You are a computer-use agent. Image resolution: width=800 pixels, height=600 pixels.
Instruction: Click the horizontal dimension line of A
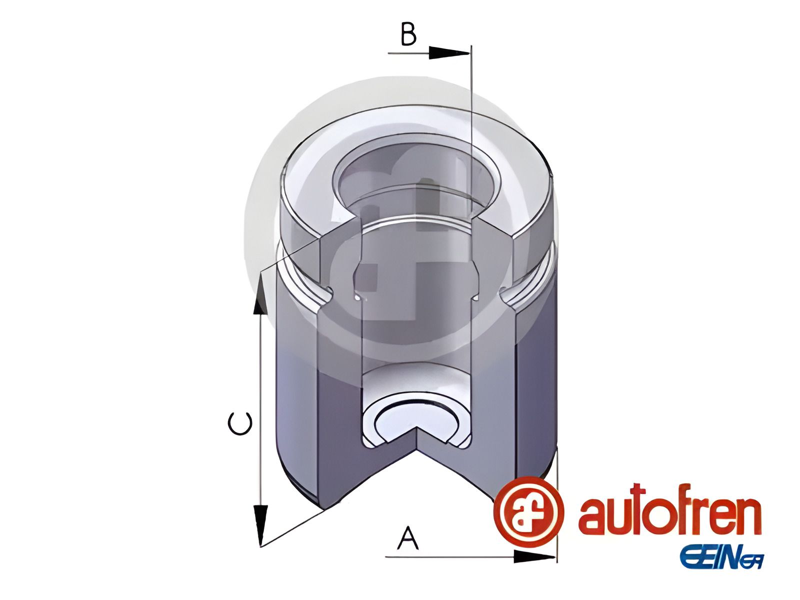point(450,556)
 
